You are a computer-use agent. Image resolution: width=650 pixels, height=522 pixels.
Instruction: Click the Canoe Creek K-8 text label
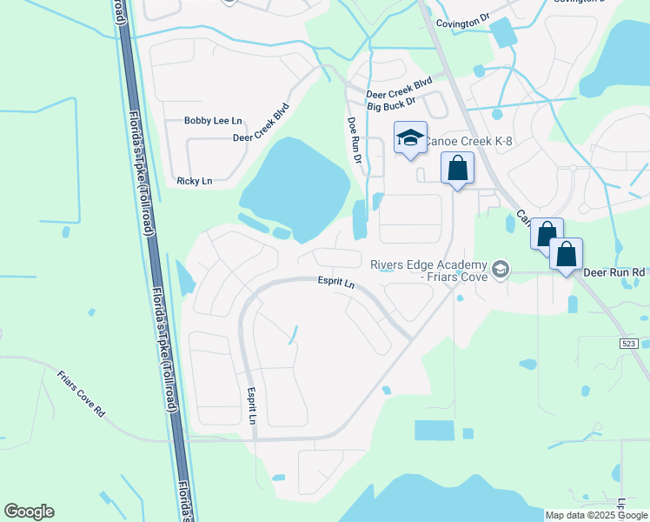[x=469, y=142]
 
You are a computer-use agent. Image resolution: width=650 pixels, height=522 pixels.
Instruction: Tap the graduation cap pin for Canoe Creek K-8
[x=410, y=137]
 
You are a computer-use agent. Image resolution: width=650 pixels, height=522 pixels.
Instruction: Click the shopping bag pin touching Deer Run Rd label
[x=566, y=255]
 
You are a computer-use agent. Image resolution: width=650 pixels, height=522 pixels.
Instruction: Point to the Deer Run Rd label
[x=614, y=272]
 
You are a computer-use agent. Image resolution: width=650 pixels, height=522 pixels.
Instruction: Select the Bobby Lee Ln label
[x=213, y=121]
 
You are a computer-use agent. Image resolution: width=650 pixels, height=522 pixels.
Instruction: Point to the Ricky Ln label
[x=194, y=181]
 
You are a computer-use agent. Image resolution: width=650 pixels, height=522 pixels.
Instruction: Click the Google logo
[x=29, y=512]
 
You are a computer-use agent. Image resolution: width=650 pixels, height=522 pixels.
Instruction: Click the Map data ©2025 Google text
[x=596, y=515]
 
